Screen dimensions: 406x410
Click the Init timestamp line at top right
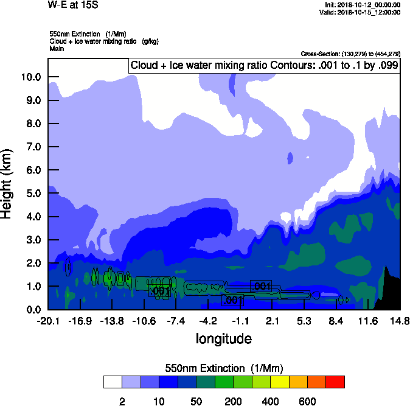point(363,5)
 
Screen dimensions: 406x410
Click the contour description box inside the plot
point(263,66)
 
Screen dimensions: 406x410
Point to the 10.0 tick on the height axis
point(30,77)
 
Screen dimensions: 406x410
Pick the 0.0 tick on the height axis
point(32,309)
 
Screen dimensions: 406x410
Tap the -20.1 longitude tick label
point(48,321)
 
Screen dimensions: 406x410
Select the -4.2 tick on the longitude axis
point(208,321)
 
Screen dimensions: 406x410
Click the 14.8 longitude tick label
point(399,321)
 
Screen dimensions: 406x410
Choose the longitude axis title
point(223,338)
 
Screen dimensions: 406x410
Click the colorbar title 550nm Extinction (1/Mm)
point(223,368)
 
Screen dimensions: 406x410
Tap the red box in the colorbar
point(335,382)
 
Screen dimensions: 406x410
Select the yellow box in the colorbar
point(279,382)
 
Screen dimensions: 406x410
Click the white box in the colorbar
point(113,382)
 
